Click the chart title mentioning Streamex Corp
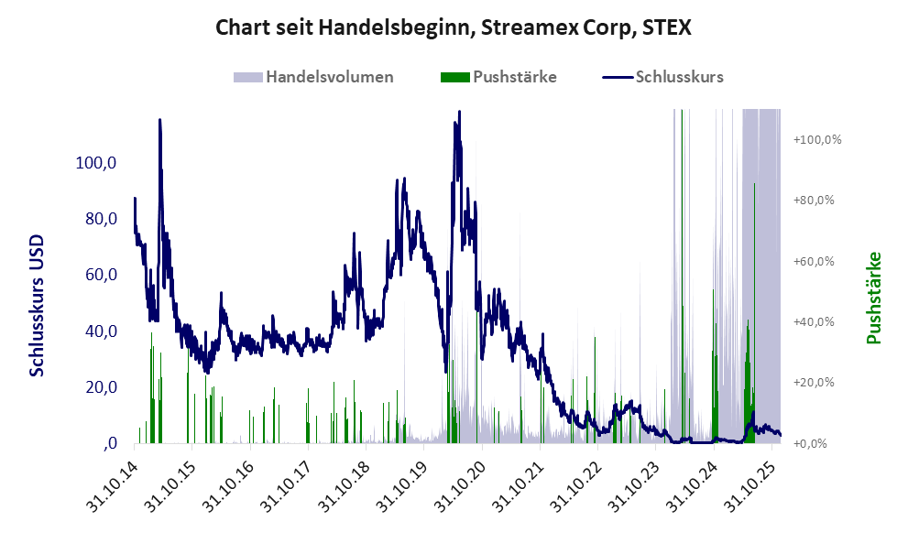pos(454,27)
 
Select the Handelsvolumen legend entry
pos(329,77)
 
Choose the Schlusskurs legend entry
pos(678,77)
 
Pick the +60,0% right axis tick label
pos(815,262)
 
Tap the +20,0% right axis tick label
pos(815,383)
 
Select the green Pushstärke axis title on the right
pos(873,299)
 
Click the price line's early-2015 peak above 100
pos(159,120)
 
